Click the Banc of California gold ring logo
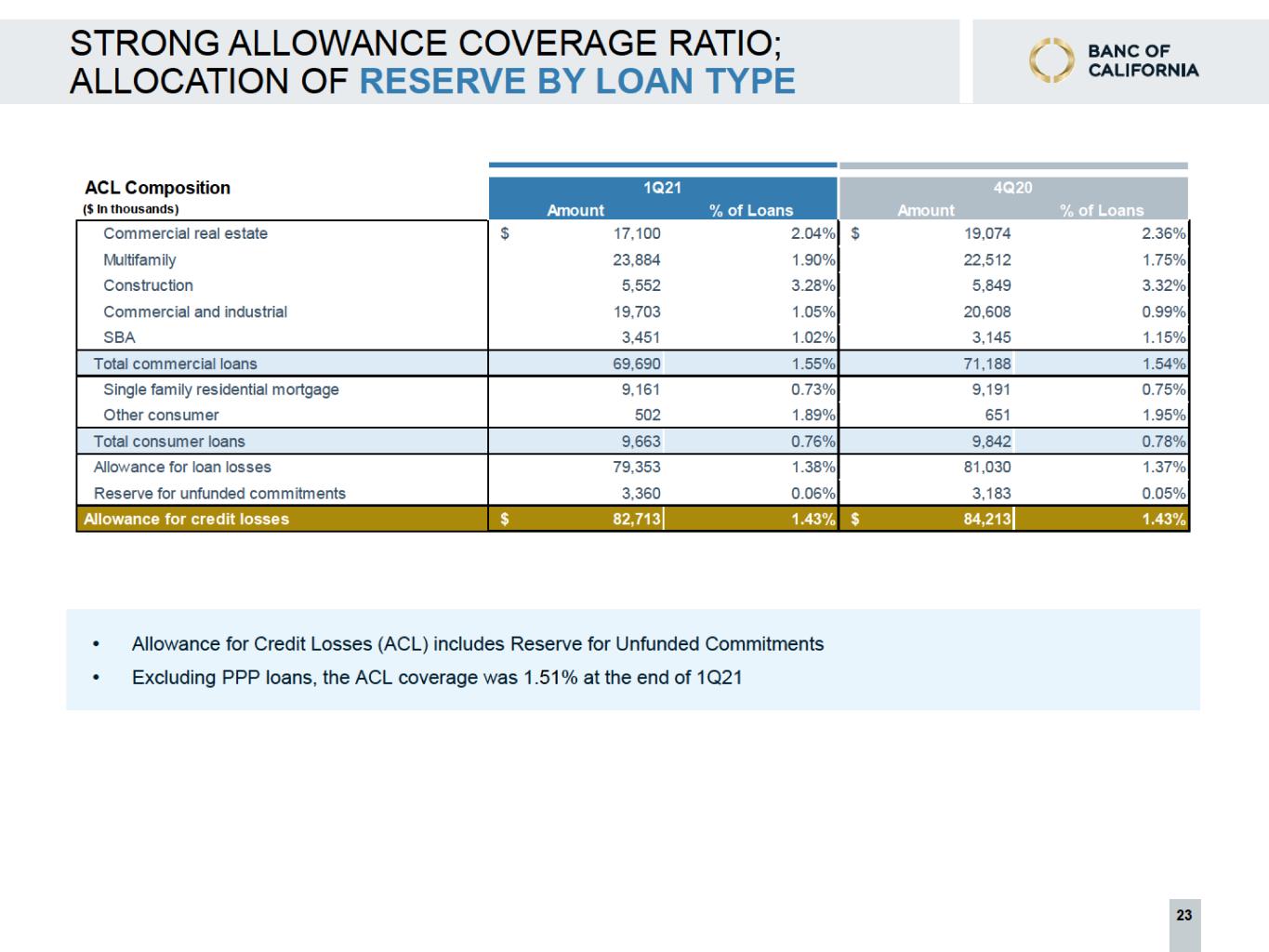coord(1051,60)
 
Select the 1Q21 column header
coord(663,188)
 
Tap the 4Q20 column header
coord(1013,188)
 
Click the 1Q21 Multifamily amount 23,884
coord(637,260)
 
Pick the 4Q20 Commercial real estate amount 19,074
coord(987,233)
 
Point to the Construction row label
coord(148,285)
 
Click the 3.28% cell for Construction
coord(813,285)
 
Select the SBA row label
coord(119,337)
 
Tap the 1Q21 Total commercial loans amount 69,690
coord(637,364)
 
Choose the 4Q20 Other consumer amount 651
coord(998,415)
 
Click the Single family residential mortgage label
coord(221,390)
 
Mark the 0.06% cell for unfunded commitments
coord(813,493)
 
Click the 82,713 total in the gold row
coord(637,519)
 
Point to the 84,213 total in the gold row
coord(987,519)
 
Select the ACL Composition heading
coord(157,188)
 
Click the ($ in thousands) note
coord(131,209)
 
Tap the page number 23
coord(1184,915)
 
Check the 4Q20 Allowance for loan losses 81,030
coord(987,467)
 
